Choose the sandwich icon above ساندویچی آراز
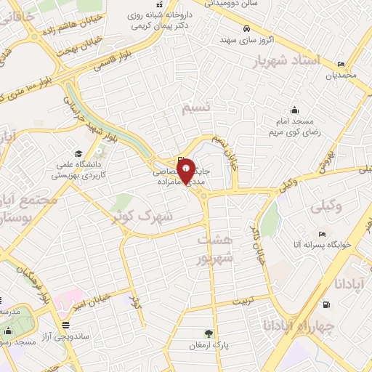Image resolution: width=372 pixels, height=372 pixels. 65,324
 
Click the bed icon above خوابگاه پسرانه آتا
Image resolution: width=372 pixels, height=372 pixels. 320,235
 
